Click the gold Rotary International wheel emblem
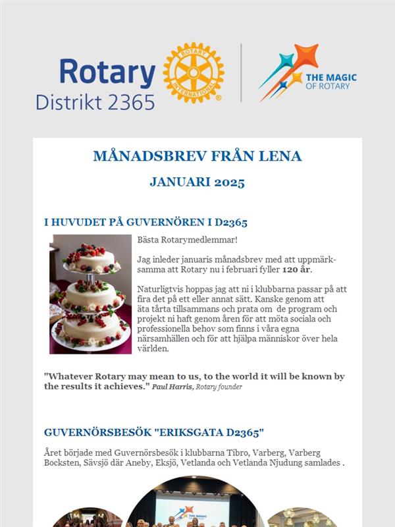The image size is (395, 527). click(x=193, y=72)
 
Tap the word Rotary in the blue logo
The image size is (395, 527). click(x=107, y=72)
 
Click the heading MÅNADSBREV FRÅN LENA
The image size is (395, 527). click(x=197, y=156)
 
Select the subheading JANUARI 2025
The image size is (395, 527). click(x=197, y=182)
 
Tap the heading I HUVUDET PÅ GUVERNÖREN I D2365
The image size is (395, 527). click(x=145, y=223)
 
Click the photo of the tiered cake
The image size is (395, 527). click(x=91, y=294)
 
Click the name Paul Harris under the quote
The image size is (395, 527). click(x=171, y=387)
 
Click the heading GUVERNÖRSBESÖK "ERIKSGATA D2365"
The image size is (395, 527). click(x=153, y=433)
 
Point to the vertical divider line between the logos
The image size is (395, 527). click(x=241, y=72)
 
